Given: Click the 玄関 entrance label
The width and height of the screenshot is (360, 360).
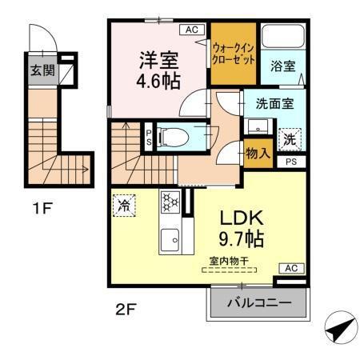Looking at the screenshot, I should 42,70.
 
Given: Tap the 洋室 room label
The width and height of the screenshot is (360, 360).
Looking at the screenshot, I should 159,59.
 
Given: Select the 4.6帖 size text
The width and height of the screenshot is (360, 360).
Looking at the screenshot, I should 159,81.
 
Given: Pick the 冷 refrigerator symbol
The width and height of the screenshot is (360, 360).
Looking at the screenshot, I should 124,206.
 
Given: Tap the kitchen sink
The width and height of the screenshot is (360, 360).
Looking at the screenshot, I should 170,238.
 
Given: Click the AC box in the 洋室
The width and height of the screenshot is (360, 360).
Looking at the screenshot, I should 191,30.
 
